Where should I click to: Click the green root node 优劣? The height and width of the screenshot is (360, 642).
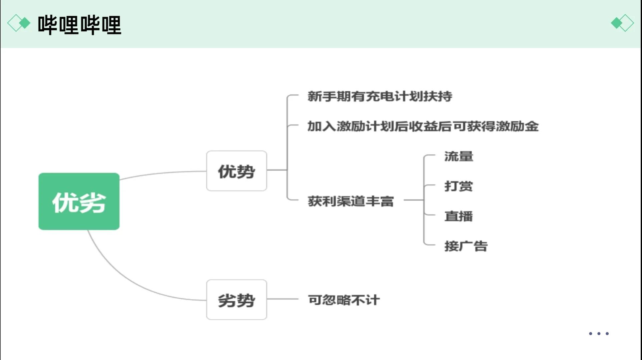tap(79, 201)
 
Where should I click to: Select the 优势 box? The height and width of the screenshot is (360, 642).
tap(236, 171)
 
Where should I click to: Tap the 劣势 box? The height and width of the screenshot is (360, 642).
tap(236, 300)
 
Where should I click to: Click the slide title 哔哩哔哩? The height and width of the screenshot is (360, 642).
tap(79, 25)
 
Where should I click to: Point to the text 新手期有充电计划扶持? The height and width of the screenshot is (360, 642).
tap(380, 96)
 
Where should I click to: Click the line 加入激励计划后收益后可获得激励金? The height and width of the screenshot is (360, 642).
tap(423, 126)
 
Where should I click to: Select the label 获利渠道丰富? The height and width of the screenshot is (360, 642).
tap(351, 201)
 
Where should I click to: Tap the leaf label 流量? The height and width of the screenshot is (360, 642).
tap(459, 156)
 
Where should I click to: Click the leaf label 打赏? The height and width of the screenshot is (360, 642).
tap(459, 186)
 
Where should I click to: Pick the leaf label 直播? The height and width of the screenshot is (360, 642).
tap(459, 216)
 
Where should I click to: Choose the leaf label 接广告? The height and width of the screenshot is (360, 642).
tap(466, 246)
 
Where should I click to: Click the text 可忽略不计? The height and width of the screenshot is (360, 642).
tap(344, 300)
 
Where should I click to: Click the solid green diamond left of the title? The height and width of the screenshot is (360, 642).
tap(25, 23)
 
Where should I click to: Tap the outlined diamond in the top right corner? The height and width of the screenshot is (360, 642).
tap(627, 23)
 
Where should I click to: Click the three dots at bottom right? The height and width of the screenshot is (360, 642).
tap(599, 333)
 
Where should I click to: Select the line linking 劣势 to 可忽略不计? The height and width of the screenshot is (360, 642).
tap(282, 299)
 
